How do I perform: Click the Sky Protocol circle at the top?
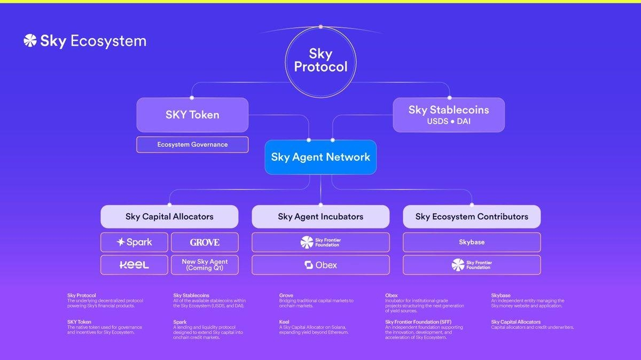click(320, 60)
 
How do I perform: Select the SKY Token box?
click(192, 114)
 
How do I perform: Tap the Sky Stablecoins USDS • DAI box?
click(449, 114)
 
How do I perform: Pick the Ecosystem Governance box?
click(192, 144)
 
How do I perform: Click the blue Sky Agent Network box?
click(320, 157)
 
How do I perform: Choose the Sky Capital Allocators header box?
click(169, 216)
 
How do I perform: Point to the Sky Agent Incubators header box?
click(320, 216)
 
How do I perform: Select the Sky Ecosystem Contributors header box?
click(472, 216)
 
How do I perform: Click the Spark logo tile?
click(135, 242)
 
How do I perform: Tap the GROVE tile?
click(205, 242)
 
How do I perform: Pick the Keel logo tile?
click(135, 265)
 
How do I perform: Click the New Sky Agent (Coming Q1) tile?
click(205, 265)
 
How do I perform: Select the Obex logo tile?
click(320, 265)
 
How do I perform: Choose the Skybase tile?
click(472, 242)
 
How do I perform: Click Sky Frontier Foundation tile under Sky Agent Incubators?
click(320, 242)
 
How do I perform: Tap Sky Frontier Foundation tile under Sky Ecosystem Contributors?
click(472, 265)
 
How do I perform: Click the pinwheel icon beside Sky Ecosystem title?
click(30, 41)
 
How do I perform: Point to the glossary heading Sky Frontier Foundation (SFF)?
click(416, 322)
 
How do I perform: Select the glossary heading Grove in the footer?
click(286, 295)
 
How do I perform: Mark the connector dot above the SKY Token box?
click(192, 98)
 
